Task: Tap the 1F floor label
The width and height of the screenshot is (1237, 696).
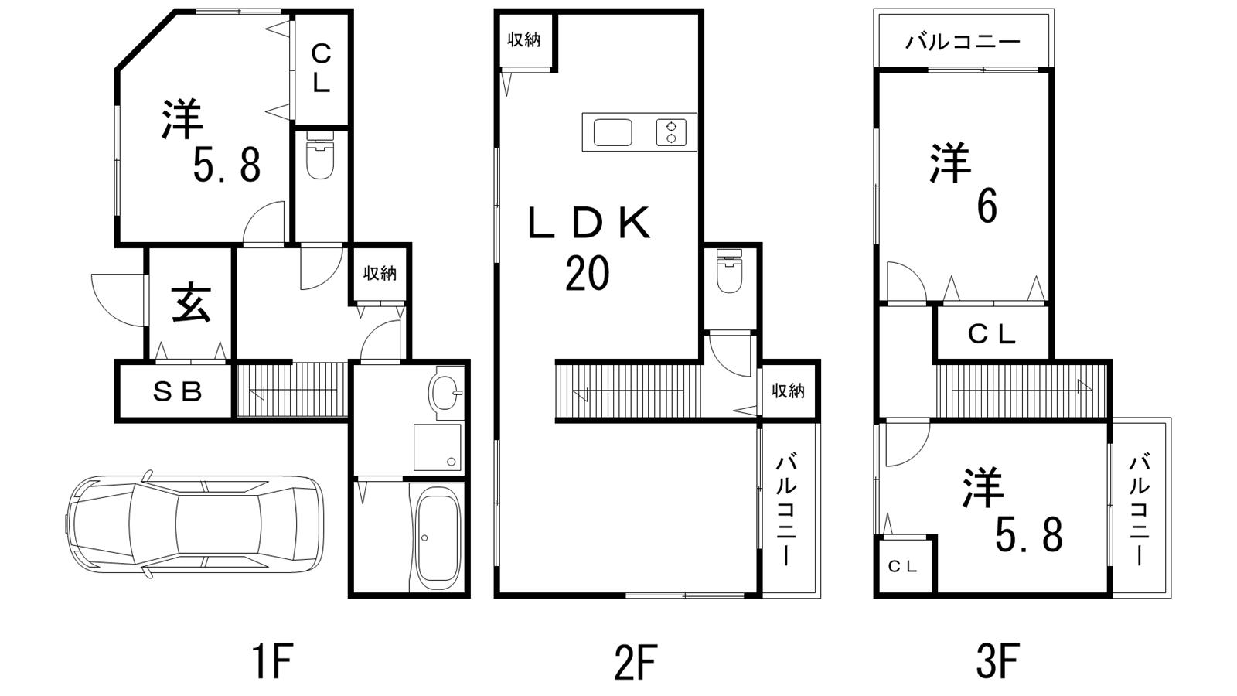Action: (x=271, y=660)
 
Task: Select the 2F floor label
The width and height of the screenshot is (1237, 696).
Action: (x=635, y=660)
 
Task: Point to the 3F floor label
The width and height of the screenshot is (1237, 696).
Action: (x=997, y=660)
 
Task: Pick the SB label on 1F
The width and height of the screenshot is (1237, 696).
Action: (x=177, y=391)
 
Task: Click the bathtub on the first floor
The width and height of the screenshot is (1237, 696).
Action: (x=438, y=537)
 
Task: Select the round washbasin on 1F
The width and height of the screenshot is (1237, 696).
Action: (x=445, y=393)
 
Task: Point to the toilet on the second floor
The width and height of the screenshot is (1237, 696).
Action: (x=730, y=271)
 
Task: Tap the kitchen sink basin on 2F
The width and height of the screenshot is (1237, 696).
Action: (x=612, y=132)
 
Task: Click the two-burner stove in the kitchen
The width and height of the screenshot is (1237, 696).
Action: (x=672, y=132)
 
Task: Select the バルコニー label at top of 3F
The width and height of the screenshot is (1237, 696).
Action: (x=963, y=42)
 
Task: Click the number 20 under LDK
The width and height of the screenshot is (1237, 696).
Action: (x=587, y=274)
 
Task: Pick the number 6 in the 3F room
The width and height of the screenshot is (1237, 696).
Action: (x=987, y=208)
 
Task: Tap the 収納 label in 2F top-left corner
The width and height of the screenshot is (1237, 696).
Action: (x=524, y=39)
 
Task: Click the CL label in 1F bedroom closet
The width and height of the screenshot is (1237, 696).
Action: (x=321, y=69)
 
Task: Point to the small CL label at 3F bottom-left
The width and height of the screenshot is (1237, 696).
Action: (x=903, y=566)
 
